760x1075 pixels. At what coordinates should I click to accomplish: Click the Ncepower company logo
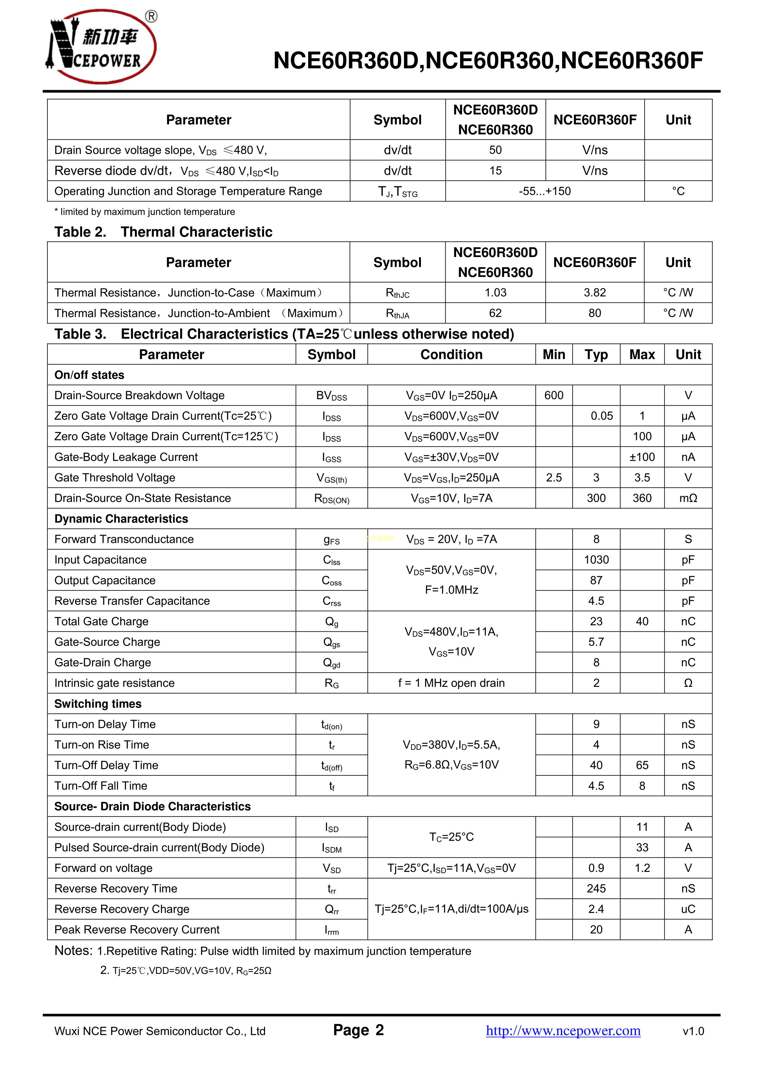coord(101,47)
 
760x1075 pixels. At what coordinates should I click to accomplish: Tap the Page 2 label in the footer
coord(358,1030)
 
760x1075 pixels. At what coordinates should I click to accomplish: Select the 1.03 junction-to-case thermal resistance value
coord(495,293)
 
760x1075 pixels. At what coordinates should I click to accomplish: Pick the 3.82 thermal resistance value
coord(595,293)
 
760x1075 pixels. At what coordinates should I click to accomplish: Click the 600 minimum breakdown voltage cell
coord(554,396)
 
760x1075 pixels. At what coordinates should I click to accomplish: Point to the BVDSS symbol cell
coord(331,396)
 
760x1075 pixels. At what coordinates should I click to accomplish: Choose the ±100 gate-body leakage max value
coord(642,457)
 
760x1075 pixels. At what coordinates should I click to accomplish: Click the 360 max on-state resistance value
coord(642,498)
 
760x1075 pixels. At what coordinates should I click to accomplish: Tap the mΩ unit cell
coord(688,498)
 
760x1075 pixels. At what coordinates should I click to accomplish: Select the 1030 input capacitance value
coord(596,560)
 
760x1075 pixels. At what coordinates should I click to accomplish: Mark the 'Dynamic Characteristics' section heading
coord(121,519)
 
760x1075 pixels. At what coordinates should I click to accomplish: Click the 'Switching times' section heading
coord(98,704)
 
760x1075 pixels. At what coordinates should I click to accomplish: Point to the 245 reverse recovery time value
coord(596,889)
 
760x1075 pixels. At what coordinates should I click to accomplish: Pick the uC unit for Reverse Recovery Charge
coord(688,909)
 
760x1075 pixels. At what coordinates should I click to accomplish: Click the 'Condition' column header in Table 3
coord(452,354)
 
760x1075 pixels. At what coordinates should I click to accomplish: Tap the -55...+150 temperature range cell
coord(545,191)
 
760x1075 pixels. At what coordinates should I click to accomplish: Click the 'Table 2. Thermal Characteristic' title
coord(163,232)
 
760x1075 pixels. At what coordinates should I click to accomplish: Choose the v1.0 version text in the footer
coord(693,1031)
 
